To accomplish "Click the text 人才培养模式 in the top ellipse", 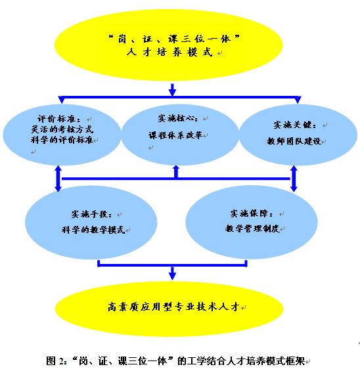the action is [169, 52].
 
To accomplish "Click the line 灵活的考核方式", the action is [62, 129].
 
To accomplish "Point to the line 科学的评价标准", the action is [62, 140].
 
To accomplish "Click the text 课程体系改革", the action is [175, 135].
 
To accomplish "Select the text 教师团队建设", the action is [294, 141].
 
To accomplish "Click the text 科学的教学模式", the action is [93, 230].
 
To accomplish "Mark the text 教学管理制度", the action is [252, 229].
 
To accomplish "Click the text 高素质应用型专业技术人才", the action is [173, 307].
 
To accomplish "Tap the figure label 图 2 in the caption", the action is [55, 361].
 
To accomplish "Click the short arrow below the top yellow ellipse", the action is [172, 90].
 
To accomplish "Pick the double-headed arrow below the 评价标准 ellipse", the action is [58, 179].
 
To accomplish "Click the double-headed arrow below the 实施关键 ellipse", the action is [294, 179].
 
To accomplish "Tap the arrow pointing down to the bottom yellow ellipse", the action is [172, 274].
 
